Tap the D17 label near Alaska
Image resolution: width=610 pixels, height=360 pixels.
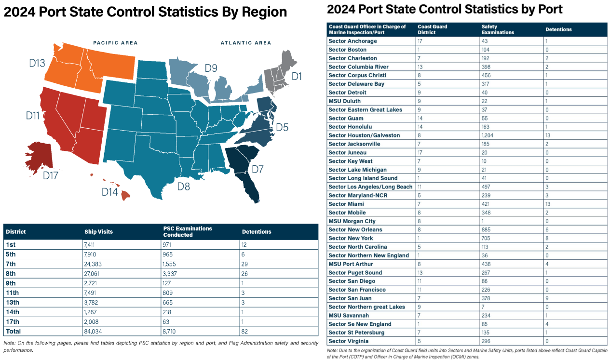pos(51,175)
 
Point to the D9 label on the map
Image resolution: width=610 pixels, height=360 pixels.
pos(211,68)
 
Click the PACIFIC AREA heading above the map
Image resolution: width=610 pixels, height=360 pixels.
pos(115,43)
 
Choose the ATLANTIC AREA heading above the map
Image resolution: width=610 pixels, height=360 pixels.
pos(246,43)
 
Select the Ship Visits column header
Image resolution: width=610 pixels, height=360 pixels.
pos(99,232)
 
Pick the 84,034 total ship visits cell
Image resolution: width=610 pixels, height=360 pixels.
pos(94,331)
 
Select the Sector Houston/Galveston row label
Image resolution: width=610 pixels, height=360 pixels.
pos(364,135)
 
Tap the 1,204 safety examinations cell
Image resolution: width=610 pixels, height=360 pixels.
pos(490,135)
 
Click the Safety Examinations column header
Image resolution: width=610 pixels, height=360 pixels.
pos(498,29)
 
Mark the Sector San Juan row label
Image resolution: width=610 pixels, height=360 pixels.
pos(350,298)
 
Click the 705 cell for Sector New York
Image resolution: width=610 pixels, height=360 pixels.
pos(487,238)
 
